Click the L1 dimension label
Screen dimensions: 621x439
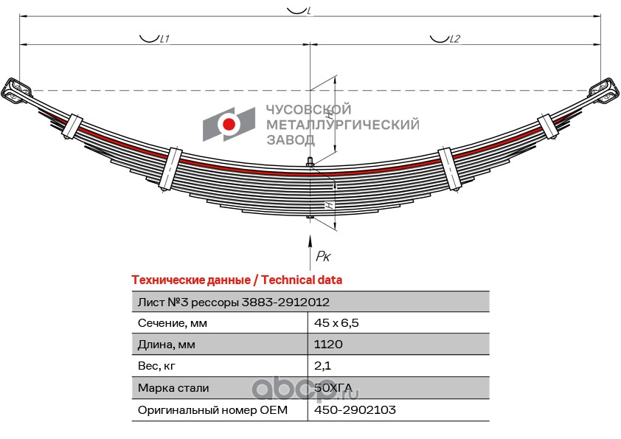click(164, 39)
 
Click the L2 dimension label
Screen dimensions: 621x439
click(454, 39)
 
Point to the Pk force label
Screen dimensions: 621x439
click(323, 256)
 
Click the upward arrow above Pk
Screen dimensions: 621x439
click(310, 252)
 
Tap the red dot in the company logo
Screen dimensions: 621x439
click(229, 125)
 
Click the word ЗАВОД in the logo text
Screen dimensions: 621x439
click(291, 140)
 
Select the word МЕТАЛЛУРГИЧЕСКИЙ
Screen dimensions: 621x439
click(342, 125)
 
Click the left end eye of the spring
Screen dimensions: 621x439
click(17, 91)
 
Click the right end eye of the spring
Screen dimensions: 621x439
click(603, 91)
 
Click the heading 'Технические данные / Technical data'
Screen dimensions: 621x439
click(237, 280)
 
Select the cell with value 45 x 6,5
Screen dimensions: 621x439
click(336, 323)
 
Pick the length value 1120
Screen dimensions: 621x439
click(328, 344)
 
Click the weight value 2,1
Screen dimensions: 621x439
click(322, 366)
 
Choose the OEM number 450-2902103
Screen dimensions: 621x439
click(355, 409)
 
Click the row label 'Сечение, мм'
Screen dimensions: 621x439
click(173, 323)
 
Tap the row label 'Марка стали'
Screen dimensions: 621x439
click(173, 388)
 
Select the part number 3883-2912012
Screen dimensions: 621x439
click(285, 303)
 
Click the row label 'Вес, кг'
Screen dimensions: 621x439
click(156, 366)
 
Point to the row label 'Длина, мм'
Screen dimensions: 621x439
click(167, 345)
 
